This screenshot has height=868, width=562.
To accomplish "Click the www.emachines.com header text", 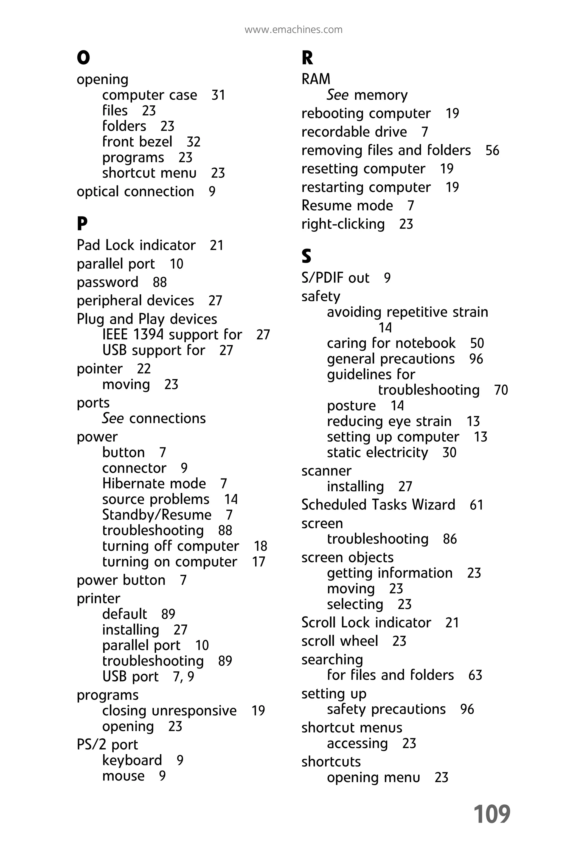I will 293,30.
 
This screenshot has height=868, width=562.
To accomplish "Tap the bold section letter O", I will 83,58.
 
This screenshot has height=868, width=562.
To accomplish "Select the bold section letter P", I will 82,224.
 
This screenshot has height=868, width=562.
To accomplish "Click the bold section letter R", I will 307,58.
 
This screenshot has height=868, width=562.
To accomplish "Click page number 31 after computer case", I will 218,95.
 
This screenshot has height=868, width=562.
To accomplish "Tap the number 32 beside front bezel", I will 193,142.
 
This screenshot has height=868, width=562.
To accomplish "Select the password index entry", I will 108,282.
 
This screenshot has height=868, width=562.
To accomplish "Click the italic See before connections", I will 113,418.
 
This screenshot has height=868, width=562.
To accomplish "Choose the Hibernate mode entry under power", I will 154,484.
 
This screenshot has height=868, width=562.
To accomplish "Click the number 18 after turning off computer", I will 260,546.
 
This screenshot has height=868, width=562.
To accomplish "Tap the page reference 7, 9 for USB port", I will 183,677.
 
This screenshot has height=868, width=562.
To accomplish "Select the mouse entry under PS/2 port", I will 123,776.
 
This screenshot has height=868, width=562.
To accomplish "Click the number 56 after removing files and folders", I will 492,150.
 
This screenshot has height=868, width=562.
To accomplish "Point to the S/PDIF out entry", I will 335,278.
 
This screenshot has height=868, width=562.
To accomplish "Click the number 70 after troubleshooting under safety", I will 501,390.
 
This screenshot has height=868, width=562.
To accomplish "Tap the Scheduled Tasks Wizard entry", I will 378,505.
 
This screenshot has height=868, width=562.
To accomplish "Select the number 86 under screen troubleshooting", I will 450,539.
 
